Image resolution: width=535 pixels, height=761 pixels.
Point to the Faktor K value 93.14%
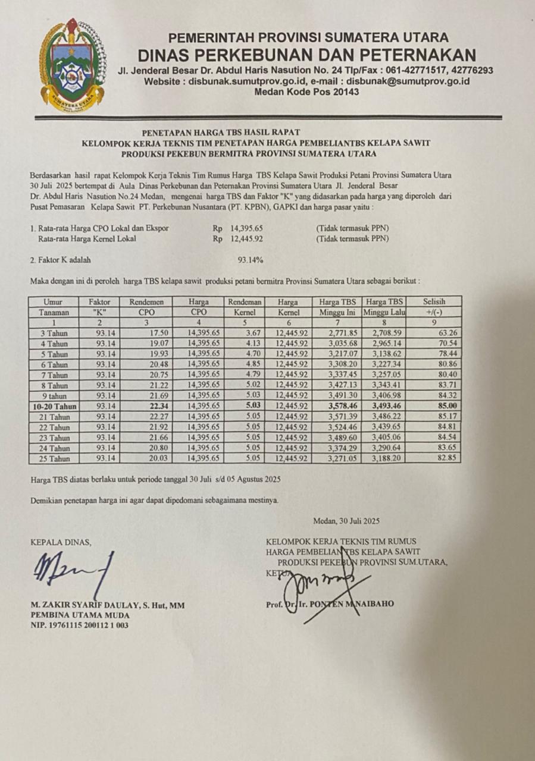click(x=250, y=260)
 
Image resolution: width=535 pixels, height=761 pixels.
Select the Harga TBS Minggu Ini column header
click(x=337, y=307)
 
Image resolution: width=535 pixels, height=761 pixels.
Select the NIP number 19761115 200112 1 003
click(x=80, y=625)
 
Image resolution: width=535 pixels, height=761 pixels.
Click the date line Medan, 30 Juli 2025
click(x=346, y=521)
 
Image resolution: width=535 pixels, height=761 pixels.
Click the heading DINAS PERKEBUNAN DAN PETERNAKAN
click(x=306, y=55)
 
